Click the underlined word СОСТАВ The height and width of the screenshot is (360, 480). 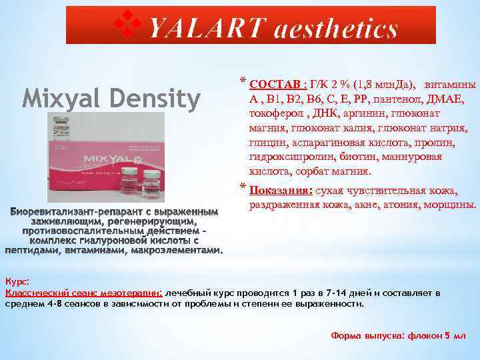coord(275,85)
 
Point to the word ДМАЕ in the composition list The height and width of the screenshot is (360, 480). coord(453,99)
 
